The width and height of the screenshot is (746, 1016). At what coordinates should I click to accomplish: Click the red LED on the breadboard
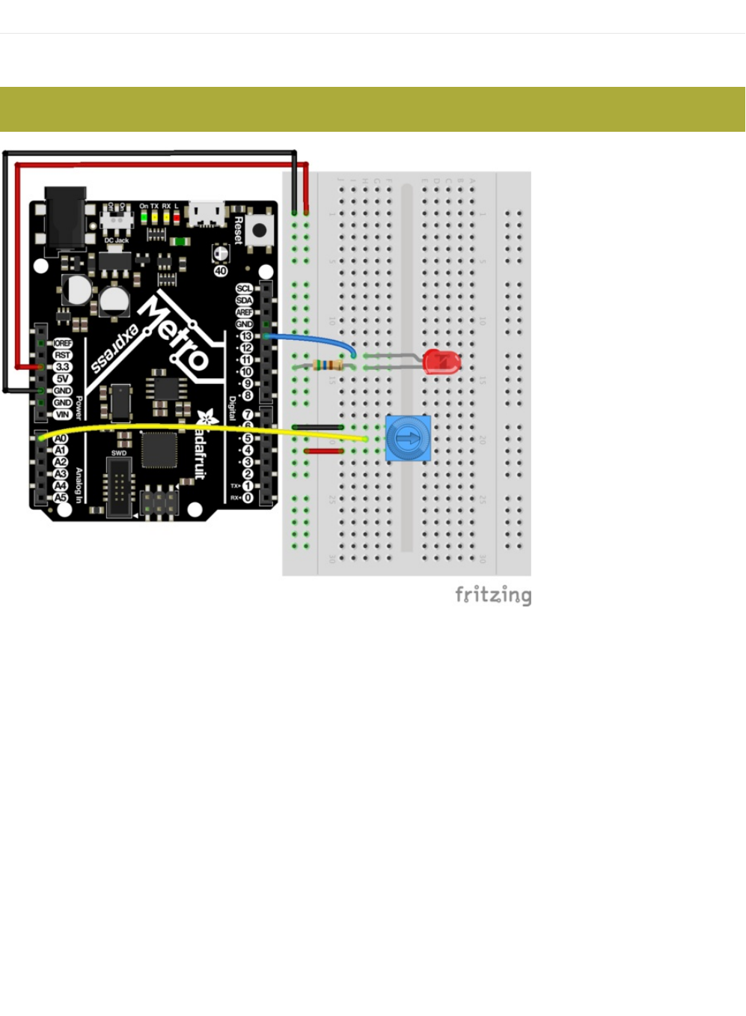(x=441, y=362)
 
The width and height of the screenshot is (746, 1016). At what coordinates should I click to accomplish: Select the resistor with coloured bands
(x=327, y=365)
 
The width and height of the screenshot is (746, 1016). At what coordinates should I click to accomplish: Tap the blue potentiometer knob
(x=408, y=439)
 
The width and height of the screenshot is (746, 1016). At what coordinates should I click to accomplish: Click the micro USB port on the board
(x=206, y=213)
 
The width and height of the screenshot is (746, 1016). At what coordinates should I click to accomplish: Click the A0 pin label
(x=61, y=439)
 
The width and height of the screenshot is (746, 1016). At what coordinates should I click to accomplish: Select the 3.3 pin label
(x=62, y=367)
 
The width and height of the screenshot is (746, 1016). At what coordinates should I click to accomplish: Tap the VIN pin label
(x=62, y=414)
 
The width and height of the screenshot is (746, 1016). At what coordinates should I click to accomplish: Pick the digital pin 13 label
(x=246, y=336)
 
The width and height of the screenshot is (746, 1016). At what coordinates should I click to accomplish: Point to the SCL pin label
(x=244, y=288)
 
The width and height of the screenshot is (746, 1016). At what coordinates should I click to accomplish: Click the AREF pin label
(x=244, y=312)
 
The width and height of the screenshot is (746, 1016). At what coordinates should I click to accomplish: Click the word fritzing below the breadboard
(x=493, y=595)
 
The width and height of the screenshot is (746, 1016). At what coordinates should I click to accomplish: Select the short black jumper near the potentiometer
(x=318, y=427)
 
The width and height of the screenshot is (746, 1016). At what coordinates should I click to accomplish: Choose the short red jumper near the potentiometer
(x=324, y=451)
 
